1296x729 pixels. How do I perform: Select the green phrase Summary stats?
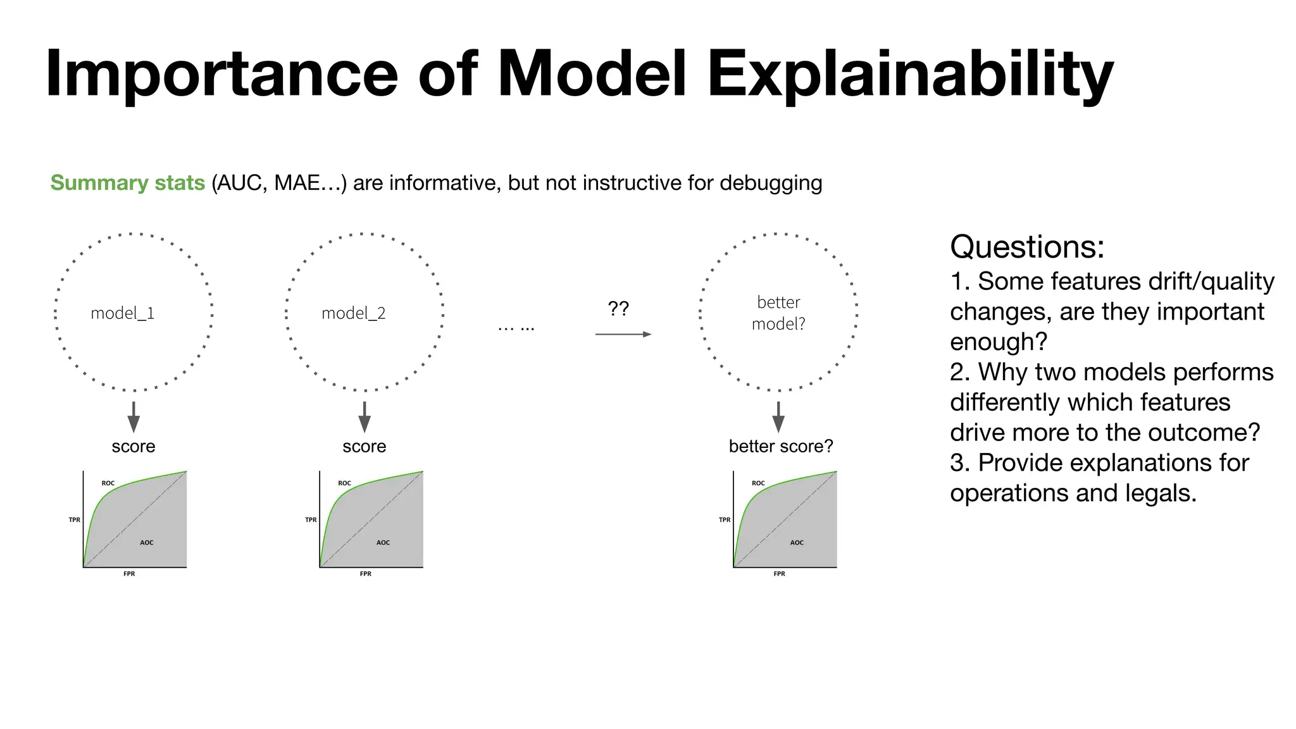coord(127,183)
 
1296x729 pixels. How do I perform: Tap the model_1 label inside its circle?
coord(122,313)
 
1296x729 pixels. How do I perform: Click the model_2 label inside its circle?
coord(353,313)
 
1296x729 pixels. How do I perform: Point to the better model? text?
coord(778,313)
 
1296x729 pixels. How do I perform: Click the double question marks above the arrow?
coord(618,309)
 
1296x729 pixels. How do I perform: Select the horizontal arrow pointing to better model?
coord(623,334)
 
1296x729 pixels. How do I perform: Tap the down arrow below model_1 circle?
coord(134,417)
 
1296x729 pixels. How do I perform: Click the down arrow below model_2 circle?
coord(364,417)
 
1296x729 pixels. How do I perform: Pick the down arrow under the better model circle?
coord(778,417)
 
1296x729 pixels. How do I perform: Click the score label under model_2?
coord(364,447)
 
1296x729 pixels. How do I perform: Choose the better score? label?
coord(780,447)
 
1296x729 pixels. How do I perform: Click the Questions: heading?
coord(1026,247)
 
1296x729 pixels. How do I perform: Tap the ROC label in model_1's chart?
coord(108,483)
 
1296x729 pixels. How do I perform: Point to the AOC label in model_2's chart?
coord(383,543)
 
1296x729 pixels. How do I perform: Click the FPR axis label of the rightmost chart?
coord(779,574)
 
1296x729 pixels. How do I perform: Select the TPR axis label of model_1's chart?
coord(75,520)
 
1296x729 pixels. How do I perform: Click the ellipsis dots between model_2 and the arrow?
coord(516,328)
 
